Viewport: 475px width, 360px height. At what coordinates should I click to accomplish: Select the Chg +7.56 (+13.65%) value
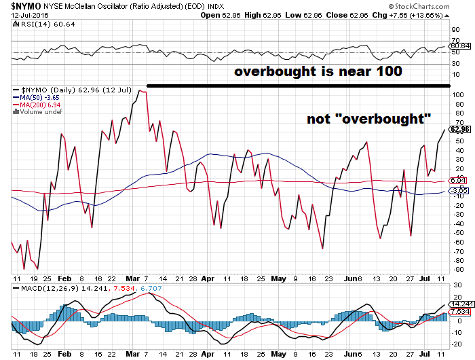tap(433, 15)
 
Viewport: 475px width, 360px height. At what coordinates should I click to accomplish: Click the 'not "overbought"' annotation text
tap(369, 119)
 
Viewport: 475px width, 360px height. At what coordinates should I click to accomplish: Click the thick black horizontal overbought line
tap(299, 85)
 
